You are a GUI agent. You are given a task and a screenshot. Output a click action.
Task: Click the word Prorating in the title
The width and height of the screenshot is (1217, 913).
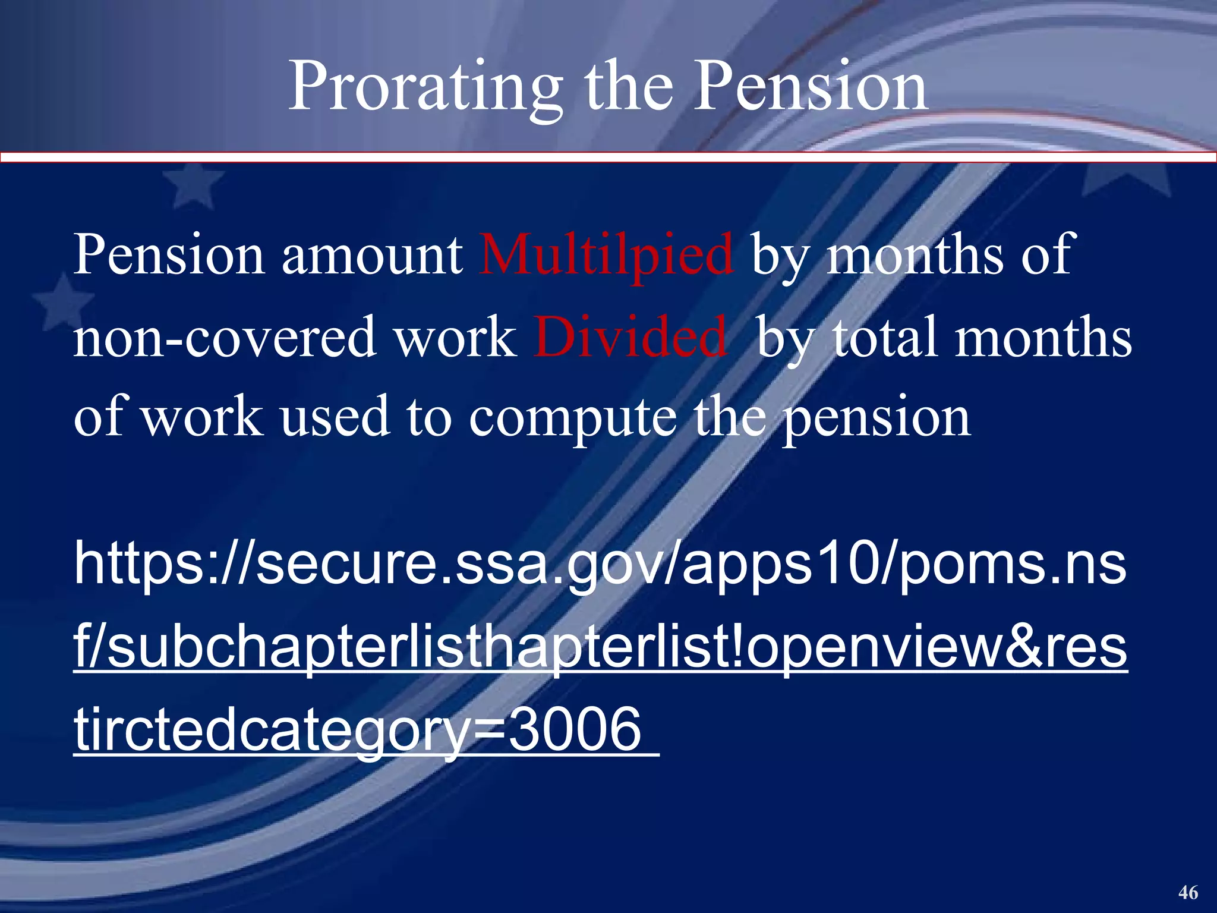(425, 88)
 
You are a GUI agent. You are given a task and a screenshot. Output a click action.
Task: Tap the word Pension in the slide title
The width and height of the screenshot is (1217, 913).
(811, 88)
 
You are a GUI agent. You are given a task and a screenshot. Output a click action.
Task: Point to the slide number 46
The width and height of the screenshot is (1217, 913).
(1188, 892)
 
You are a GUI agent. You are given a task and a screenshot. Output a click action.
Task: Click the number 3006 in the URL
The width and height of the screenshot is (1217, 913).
(575, 729)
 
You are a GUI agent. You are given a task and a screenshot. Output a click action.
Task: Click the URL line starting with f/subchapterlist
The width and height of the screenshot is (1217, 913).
(600, 647)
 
